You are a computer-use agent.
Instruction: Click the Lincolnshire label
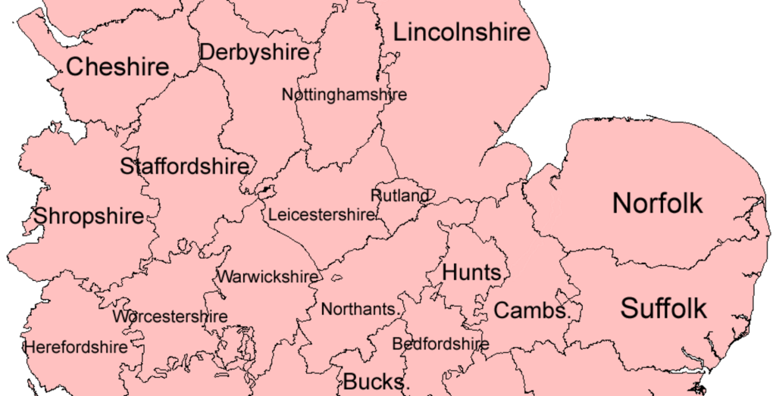click(461, 33)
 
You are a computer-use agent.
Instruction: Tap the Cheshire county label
click(117, 67)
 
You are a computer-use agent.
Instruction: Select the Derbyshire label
click(255, 52)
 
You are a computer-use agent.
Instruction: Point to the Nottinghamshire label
click(344, 95)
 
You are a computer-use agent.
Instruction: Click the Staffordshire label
click(185, 167)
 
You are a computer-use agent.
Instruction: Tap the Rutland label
click(399, 195)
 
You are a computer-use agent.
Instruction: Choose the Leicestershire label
click(322, 215)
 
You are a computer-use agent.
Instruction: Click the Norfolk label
click(658, 203)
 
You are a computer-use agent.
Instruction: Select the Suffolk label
click(664, 308)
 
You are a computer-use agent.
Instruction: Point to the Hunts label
click(472, 273)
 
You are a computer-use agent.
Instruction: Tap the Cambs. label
click(532, 310)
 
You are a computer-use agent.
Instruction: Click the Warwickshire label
click(268, 276)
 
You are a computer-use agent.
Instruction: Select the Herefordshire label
click(76, 348)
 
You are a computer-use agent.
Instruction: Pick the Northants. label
click(361, 309)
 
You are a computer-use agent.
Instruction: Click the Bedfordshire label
click(440, 344)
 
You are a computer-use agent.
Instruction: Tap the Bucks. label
click(377, 381)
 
